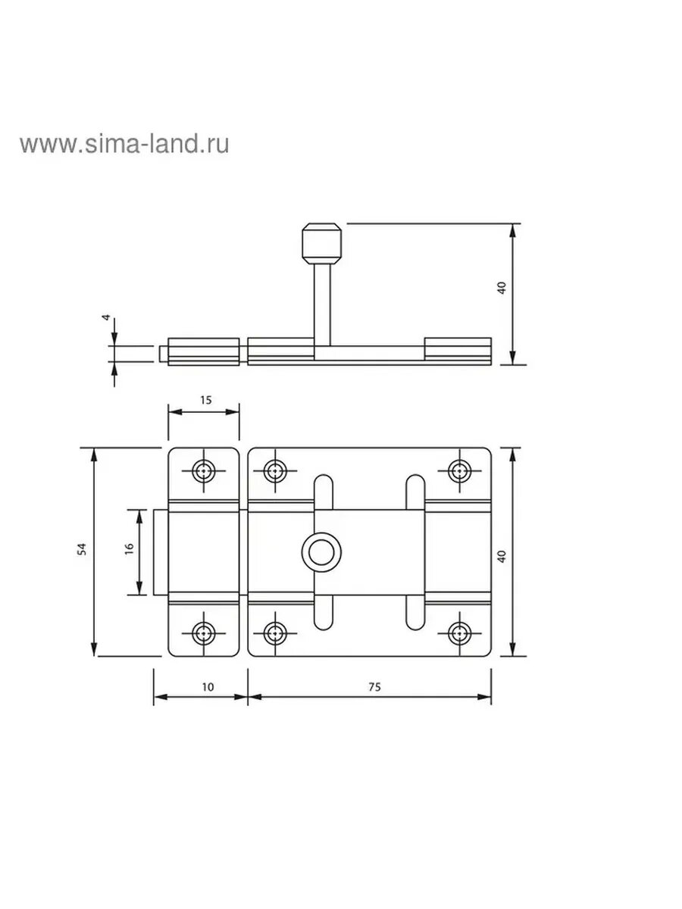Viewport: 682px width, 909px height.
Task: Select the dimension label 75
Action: (x=374, y=687)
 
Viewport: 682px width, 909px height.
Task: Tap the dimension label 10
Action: (x=208, y=687)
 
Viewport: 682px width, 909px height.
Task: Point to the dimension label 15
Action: (x=206, y=400)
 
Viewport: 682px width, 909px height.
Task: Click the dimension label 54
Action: (x=83, y=548)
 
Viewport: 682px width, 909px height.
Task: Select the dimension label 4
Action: (x=106, y=317)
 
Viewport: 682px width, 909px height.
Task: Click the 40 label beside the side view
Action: (x=502, y=288)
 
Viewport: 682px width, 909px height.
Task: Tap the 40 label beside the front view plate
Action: (x=502, y=556)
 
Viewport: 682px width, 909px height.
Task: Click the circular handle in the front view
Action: (x=322, y=552)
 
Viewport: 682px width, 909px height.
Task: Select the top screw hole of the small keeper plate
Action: (x=204, y=471)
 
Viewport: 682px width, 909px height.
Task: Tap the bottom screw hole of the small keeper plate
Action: (x=204, y=633)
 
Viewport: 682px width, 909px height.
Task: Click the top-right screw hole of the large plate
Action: (x=460, y=471)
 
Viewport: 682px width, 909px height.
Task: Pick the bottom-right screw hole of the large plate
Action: (x=460, y=633)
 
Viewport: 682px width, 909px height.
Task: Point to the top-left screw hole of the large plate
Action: (x=275, y=471)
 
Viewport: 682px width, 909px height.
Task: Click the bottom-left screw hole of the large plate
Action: (x=275, y=633)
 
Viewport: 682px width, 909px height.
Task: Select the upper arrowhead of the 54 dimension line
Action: (x=95, y=454)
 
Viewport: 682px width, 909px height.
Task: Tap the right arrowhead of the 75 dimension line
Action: (x=484, y=697)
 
